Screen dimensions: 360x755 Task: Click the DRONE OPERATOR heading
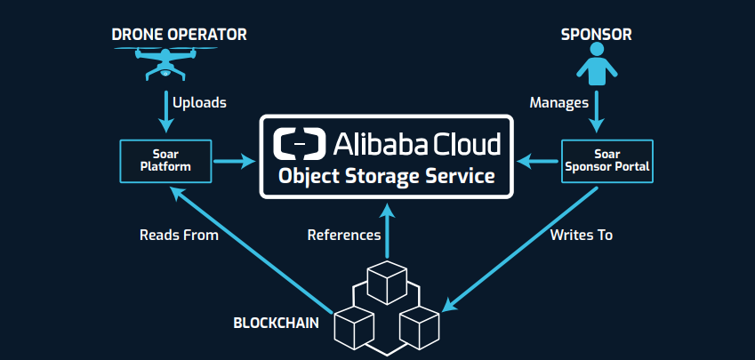point(179,35)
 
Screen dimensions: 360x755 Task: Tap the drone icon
point(165,61)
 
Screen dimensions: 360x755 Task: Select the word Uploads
point(199,103)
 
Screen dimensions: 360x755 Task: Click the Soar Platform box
point(165,161)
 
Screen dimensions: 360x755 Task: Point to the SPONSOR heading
point(595,35)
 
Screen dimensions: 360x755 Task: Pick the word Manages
point(559,103)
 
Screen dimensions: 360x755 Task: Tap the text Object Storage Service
point(386,175)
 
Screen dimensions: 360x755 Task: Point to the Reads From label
point(179,236)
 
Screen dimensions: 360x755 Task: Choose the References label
point(344,236)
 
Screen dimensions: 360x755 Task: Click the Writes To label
point(582,236)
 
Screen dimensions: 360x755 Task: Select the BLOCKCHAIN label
point(275,322)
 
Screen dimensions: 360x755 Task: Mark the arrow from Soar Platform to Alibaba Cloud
point(235,162)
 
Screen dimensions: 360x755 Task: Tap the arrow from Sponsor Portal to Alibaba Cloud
point(539,162)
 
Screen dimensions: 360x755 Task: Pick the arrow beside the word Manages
point(596,111)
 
